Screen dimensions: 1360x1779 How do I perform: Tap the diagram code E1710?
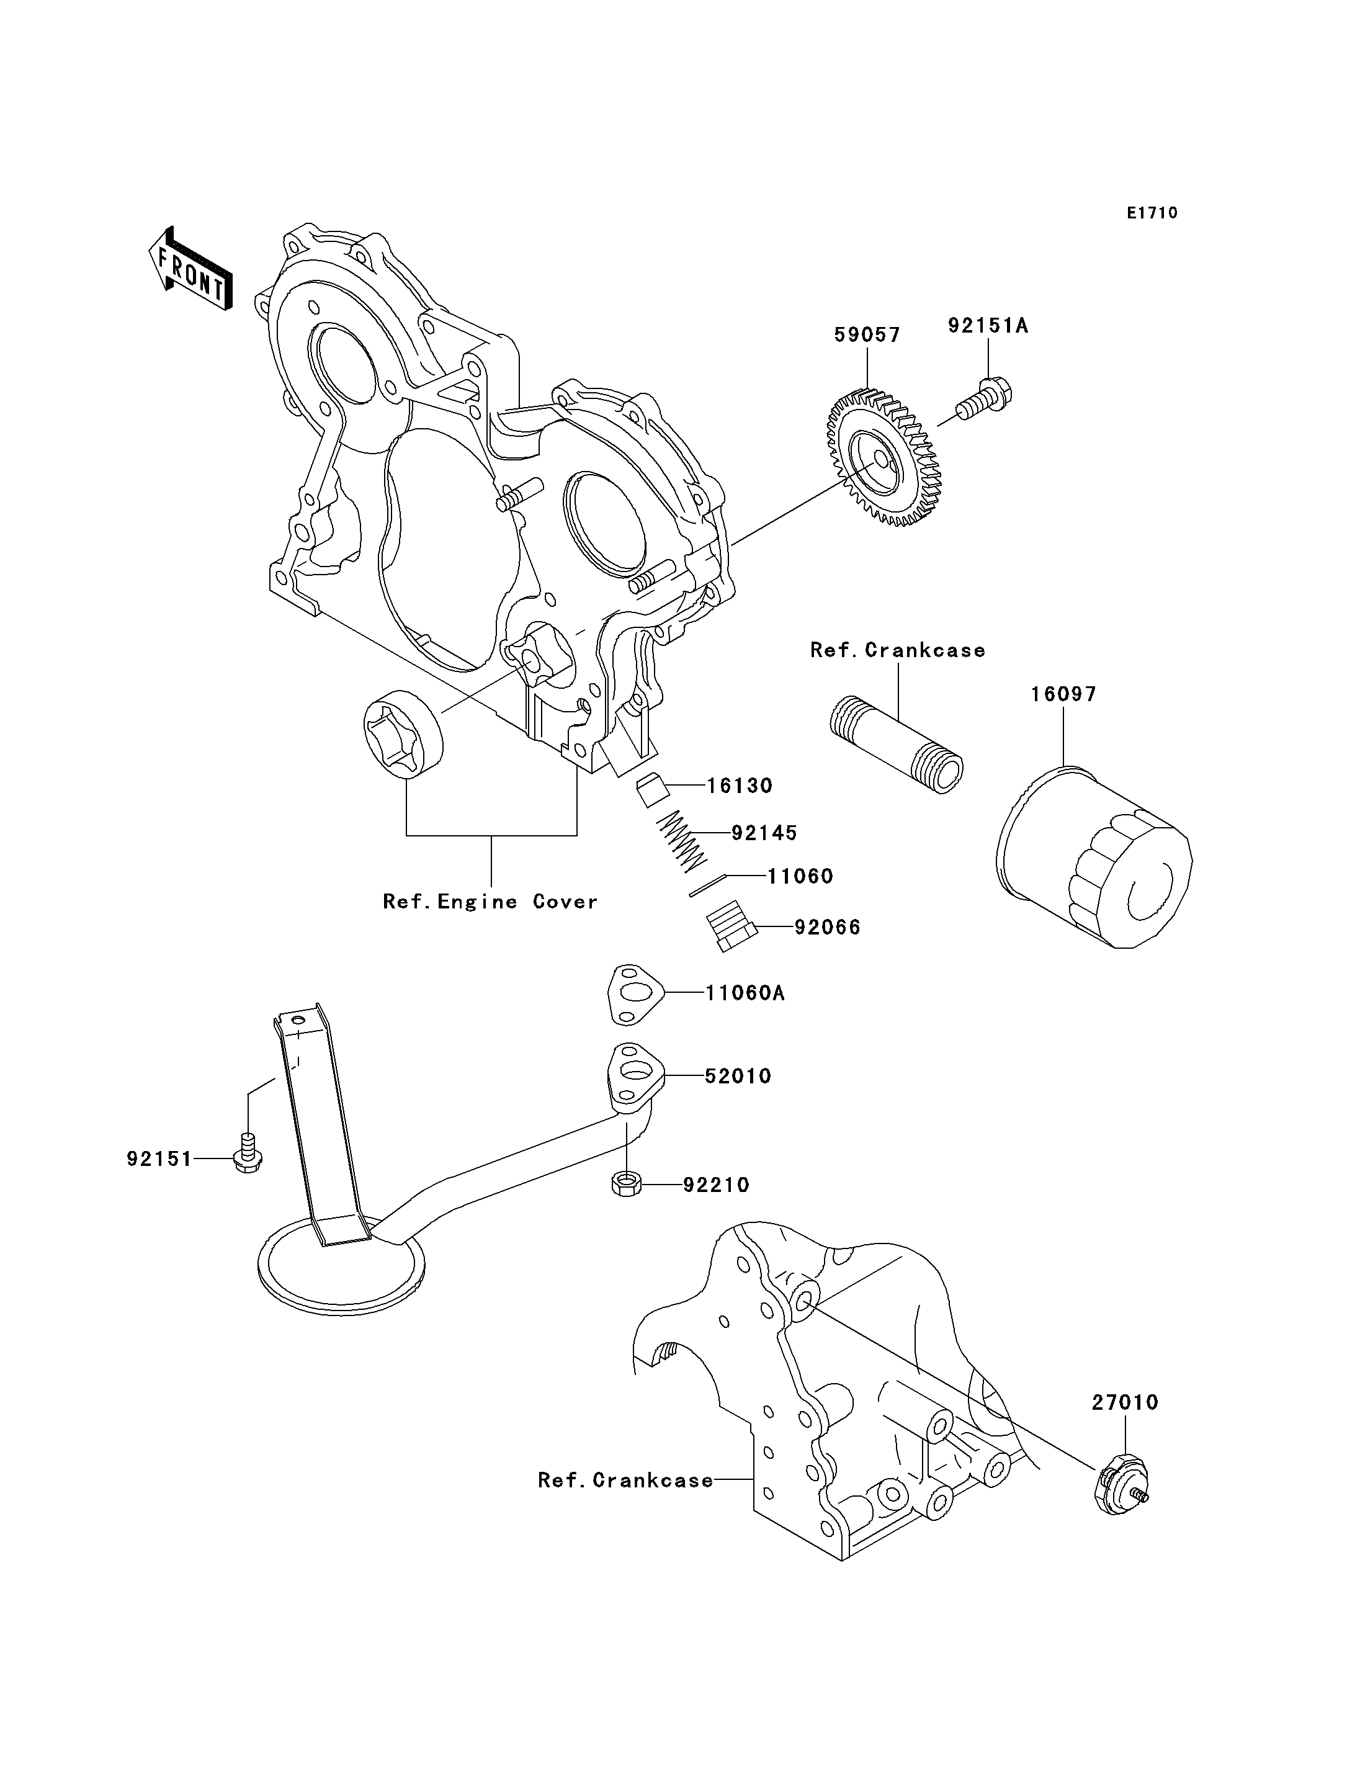pos(1152,213)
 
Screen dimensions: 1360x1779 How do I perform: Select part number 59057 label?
pos(867,334)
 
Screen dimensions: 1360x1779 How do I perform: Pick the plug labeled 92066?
pos(731,926)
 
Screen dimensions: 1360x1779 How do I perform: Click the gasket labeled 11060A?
pos(635,992)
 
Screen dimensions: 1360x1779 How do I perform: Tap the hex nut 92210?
pos(626,1185)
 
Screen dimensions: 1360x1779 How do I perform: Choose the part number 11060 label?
pos(800,876)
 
